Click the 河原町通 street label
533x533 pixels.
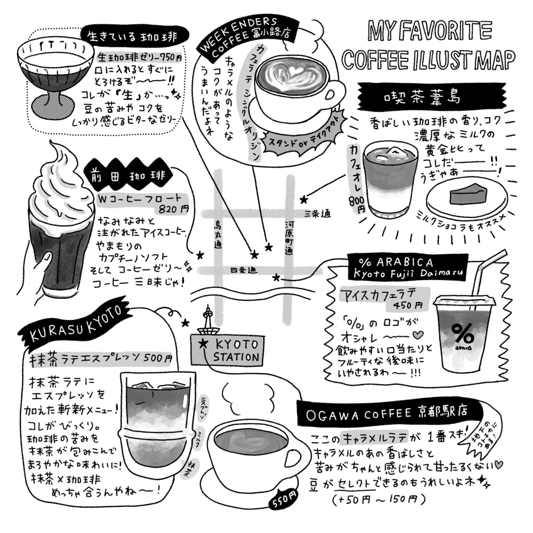pos(288,237)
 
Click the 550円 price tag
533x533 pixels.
pos(283,502)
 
